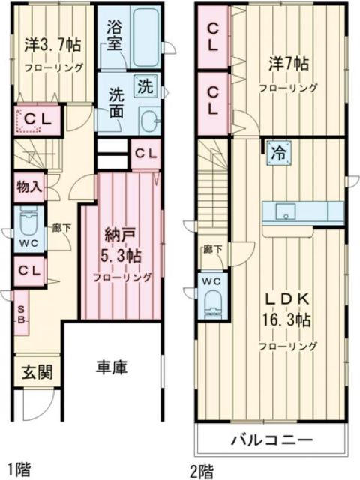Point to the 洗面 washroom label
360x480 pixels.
116,103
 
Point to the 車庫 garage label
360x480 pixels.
111,367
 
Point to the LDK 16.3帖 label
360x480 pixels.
288,309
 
